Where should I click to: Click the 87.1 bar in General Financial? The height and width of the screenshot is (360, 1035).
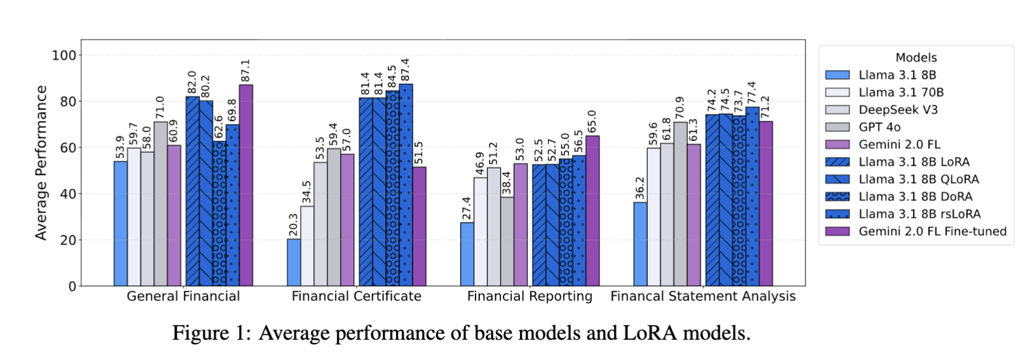pos(245,185)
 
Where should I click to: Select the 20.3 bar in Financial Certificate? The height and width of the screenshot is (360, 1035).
pos(294,262)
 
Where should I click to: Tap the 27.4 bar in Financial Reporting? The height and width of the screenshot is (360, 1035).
pos(467,254)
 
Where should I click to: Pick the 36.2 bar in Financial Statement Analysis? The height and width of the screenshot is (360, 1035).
pos(640,244)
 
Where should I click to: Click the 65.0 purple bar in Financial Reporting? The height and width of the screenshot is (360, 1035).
pos(593,211)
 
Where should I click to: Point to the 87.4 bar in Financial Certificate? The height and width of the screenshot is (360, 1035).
pos(406,184)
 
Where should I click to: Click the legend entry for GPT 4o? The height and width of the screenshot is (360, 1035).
pos(879,127)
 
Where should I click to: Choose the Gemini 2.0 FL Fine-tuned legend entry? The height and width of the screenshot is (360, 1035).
pos(932,232)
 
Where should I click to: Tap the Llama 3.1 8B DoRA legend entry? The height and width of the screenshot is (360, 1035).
pos(915,197)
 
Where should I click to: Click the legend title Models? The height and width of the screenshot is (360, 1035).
pos(916,58)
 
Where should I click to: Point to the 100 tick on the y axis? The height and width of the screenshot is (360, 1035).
pos(64,55)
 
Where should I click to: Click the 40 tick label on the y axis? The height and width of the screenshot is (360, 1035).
pos(67,194)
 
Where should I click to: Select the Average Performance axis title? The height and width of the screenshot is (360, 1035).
pos(41,163)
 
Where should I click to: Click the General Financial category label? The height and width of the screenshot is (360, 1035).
pos(183,296)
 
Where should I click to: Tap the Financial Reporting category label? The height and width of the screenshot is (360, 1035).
pos(530,296)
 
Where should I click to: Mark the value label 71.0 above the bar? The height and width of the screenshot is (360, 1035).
pos(160,108)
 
